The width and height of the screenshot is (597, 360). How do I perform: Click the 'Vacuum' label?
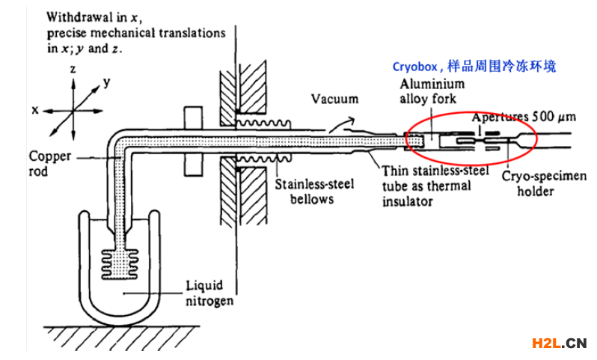click(334, 99)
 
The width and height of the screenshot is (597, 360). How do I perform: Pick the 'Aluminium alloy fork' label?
click(432, 91)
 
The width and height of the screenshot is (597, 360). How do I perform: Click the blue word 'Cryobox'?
click(418, 67)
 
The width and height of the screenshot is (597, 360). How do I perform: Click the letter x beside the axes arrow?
click(35, 110)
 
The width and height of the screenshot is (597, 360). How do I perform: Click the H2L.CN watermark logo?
click(558, 344)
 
